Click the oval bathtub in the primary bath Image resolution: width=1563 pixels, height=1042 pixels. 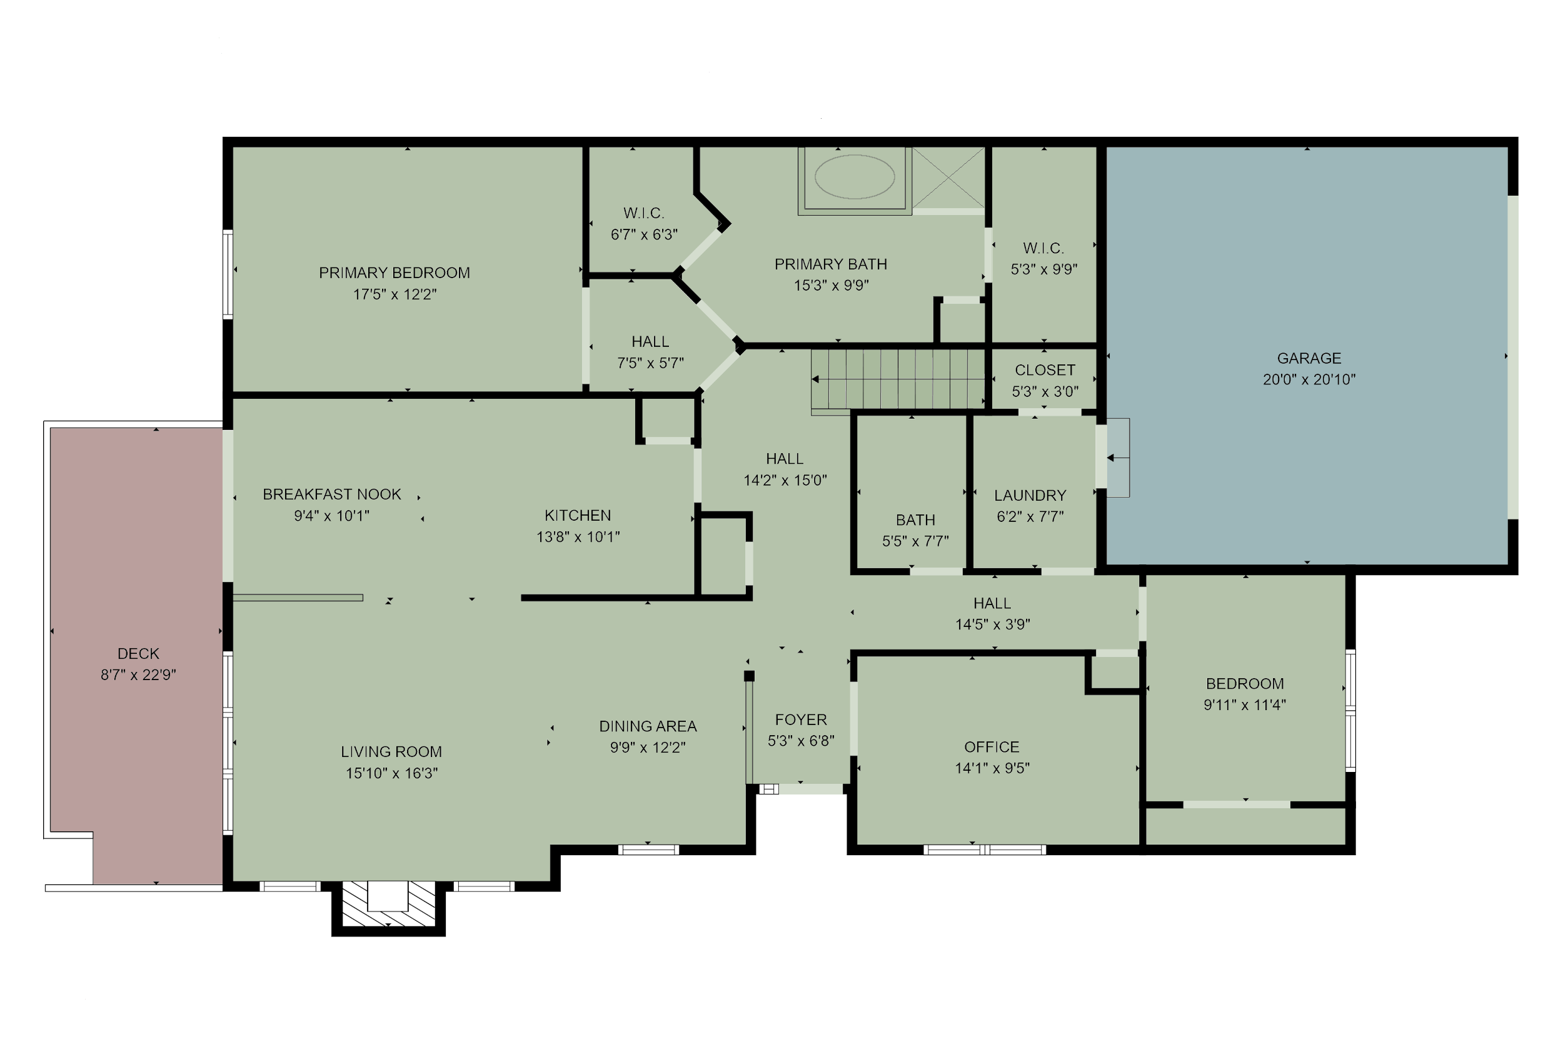(x=854, y=177)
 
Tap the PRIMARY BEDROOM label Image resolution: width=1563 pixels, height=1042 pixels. (x=394, y=273)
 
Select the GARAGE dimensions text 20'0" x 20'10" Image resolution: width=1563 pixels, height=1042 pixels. (x=1309, y=379)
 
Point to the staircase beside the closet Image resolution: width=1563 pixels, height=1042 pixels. (x=898, y=379)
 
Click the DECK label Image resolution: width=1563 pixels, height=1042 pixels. (x=138, y=654)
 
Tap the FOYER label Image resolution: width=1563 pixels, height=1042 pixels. (x=801, y=719)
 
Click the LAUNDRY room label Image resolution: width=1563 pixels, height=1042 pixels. (x=1030, y=496)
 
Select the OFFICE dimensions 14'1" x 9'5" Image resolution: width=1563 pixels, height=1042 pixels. (x=992, y=768)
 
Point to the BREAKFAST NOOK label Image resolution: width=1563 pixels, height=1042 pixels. (x=331, y=494)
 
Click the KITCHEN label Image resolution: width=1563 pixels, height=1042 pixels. (x=578, y=516)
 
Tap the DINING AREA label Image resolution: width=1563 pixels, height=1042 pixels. (x=648, y=726)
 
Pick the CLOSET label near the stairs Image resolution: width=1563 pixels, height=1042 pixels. (x=1045, y=370)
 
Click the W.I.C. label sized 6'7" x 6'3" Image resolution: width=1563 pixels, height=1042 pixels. (x=643, y=213)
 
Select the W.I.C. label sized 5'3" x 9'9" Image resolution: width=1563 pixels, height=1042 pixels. (x=1043, y=249)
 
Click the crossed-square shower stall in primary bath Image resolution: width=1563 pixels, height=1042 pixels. (x=948, y=178)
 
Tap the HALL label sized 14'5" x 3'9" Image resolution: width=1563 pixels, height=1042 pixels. (x=992, y=603)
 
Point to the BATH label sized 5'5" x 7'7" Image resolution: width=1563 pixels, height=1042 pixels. (x=915, y=520)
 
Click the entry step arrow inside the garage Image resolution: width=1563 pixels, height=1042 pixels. (x=1115, y=458)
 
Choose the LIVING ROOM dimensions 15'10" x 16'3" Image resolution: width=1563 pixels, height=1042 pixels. (x=391, y=773)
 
